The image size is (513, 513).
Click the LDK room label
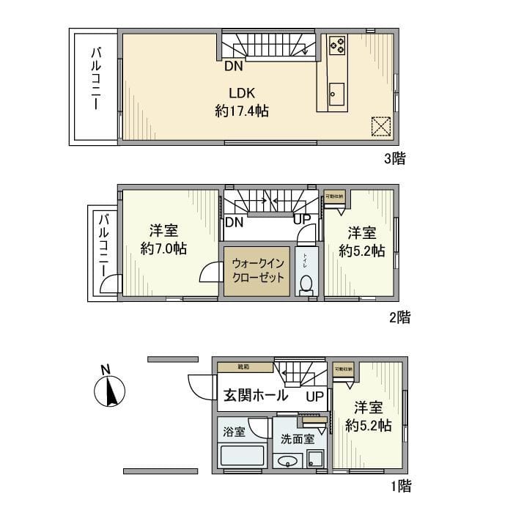click(241, 93)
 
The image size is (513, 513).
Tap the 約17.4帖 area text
click(241, 111)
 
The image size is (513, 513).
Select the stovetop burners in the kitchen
click(338, 46)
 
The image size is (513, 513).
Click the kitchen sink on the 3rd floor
click(337, 94)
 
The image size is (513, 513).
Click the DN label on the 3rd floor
click(233, 67)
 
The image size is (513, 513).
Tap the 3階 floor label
click(396, 157)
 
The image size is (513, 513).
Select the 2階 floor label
click(399, 317)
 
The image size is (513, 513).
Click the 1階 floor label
click(400, 485)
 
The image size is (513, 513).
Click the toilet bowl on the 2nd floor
click(306, 282)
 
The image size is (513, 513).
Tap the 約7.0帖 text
click(163, 248)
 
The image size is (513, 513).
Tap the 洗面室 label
click(298, 439)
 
